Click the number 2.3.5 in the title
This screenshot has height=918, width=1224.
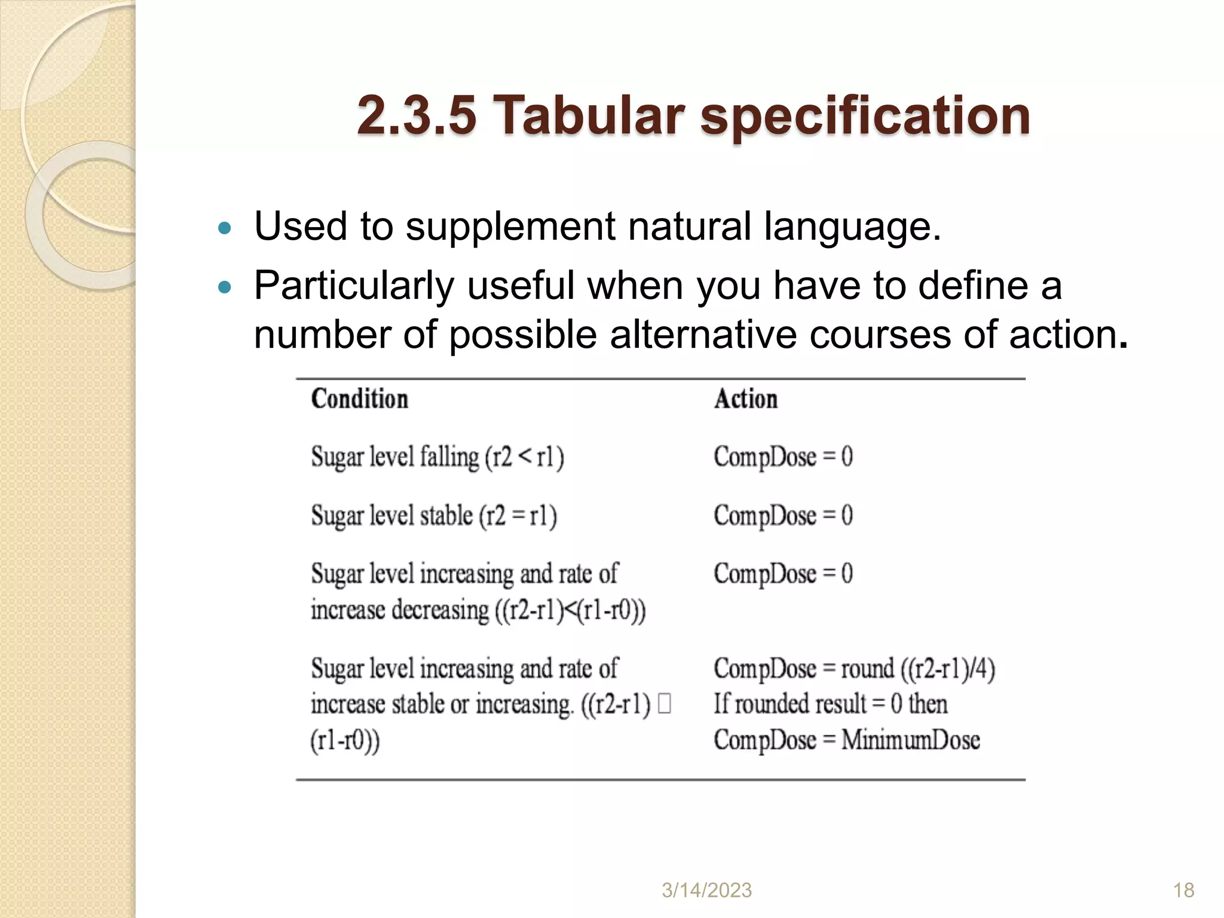[x=417, y=115]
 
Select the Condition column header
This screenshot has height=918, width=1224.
[x=360, y=399]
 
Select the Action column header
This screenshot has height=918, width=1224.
[x=746, y=399]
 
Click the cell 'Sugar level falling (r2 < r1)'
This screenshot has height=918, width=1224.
[x=437, y=457]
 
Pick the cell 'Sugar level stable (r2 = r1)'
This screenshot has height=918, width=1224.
[x=434, y=516]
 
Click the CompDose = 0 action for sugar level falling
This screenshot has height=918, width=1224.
[x=783, y=457]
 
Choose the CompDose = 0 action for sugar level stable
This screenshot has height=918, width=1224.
[x=783, y=516]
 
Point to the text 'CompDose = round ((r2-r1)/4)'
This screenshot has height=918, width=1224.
[x=854, y=669]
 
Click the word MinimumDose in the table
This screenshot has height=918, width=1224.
[x=910, y=740]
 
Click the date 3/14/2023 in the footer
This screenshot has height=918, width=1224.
[x=706, y=891]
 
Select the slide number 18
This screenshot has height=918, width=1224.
[x=1183, y=891]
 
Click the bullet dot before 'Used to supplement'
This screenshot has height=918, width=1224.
[x=225, y=228]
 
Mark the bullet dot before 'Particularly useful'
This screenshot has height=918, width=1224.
[x=225, y=287]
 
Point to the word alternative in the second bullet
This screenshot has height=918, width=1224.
[x=703, y=335]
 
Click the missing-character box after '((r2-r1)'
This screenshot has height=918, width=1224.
[x=664, y=703]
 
